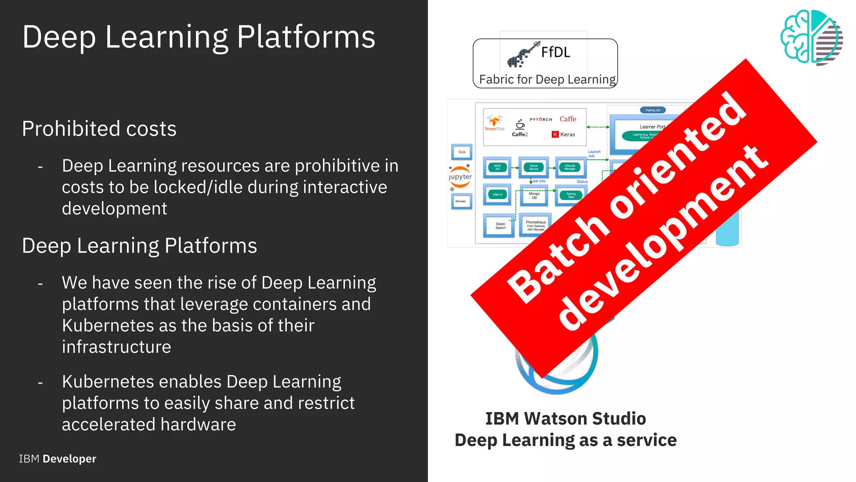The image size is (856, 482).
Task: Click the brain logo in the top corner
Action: point(811,37)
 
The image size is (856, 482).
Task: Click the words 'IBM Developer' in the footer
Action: point(58,459)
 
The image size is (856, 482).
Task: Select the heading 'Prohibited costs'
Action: point(99,129)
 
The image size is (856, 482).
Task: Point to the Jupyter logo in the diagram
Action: point(460,177)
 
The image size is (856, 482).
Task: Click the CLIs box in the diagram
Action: point(462,152)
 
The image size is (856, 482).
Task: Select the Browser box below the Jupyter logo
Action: point(461,201)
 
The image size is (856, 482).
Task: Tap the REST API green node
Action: point(497,167)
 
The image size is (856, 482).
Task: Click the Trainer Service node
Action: point(534,167)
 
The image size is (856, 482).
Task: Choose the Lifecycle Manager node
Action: point(570,167)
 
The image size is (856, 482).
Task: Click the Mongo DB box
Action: point(534,195)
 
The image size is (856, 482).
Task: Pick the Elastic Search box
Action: point(500,226)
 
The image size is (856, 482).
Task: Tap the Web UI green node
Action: point(497,195)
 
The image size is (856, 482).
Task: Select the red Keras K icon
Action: point(555,134)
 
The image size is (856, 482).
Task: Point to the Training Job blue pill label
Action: point(652,110)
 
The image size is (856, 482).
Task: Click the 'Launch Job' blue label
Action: point(594,154)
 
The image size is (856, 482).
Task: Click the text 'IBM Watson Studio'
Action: point(565,418)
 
